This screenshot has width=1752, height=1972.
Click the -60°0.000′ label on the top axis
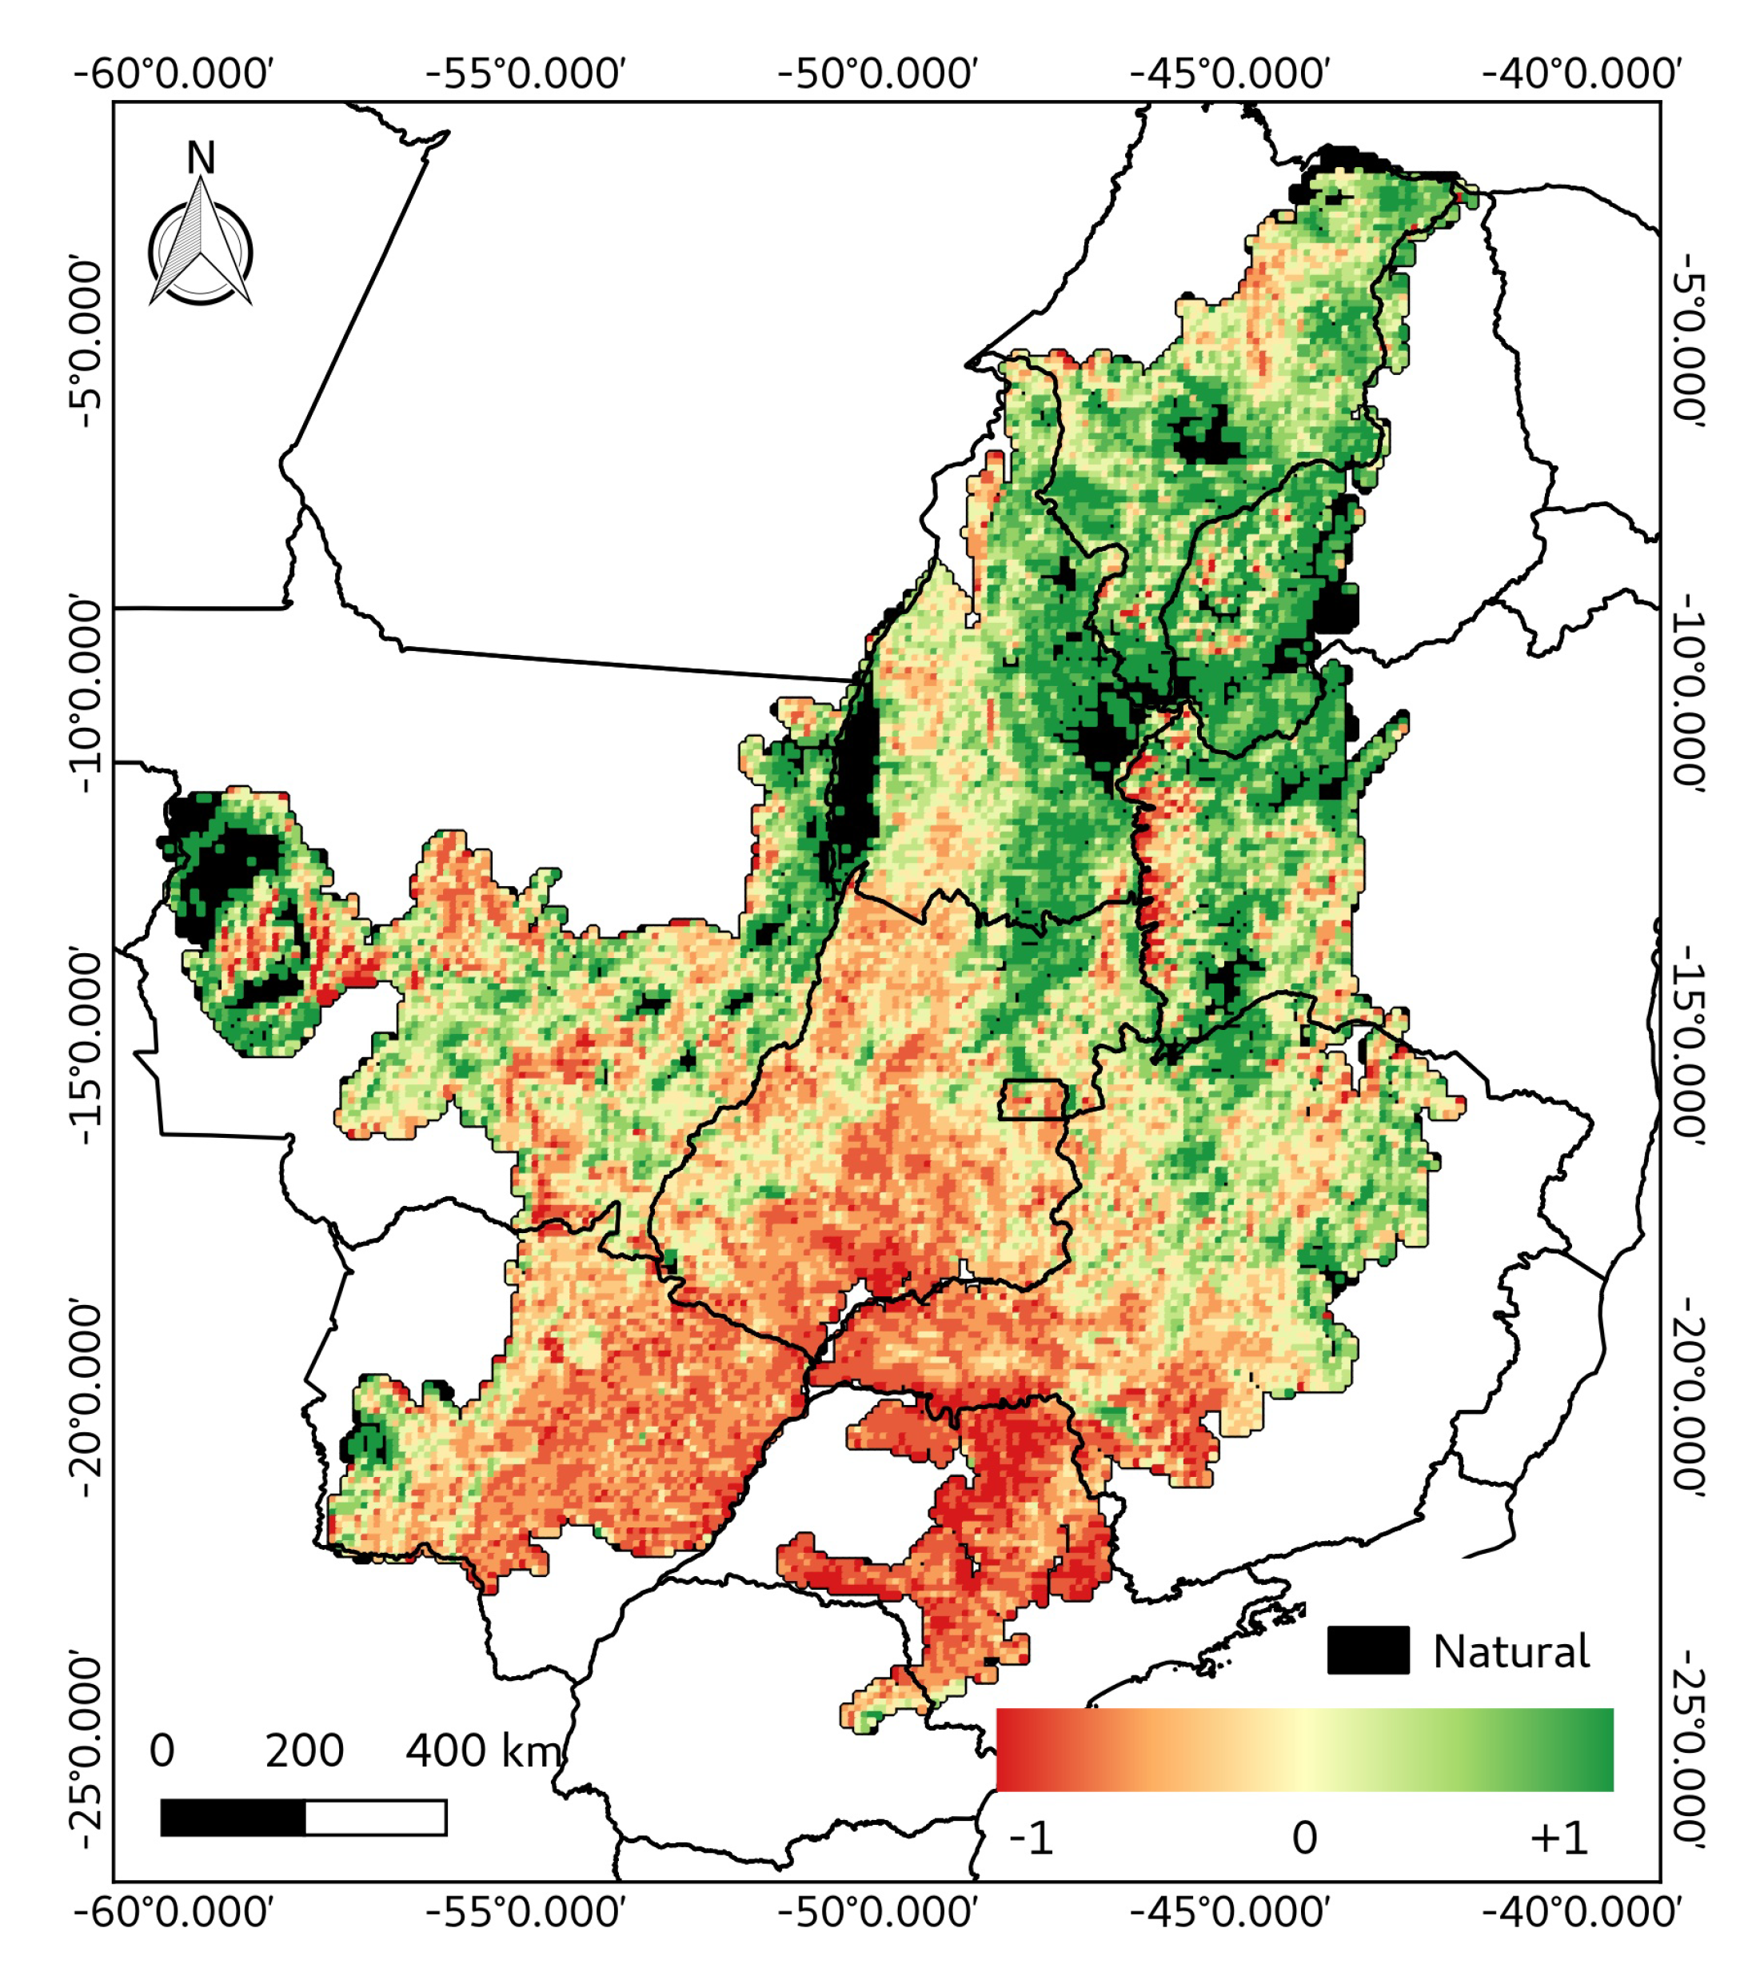[174, 74]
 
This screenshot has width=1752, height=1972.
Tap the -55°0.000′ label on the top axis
[526, 74]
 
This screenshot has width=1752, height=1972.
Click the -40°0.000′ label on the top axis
[1582, 74]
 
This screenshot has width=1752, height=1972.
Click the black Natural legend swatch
[1367, 1650]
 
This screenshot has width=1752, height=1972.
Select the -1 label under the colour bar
[1032, 1839]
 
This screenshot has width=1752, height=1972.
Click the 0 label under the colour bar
[1304, 1839]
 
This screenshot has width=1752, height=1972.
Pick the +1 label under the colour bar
[1558, 1839]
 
